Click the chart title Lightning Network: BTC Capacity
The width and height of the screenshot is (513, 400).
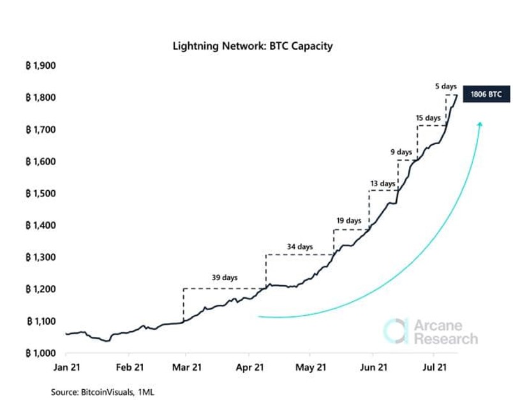pos(253,47)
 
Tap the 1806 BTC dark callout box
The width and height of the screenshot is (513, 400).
pos(486,94)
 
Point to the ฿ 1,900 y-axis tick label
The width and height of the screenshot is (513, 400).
pos(41,66)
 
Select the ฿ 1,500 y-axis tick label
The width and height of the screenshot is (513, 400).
pos(41,193)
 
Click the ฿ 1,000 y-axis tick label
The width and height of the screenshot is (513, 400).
pos(41,353)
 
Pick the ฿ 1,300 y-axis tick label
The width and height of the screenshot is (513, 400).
pos(41,257)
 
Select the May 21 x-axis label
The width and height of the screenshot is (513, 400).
pos(311,368)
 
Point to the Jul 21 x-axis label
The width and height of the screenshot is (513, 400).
pos(435,368)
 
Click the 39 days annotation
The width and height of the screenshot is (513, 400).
pos(225,278)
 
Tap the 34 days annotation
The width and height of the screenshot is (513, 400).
pos(300,246)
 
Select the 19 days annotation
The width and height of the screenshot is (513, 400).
pos(349,221)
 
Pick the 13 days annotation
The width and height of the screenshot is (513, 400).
pos(383,184)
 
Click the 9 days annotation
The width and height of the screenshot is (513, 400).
pos(401,152)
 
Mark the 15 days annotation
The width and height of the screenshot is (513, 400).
pos(427,118)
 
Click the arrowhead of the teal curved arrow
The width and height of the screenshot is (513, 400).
pos(479,124)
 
